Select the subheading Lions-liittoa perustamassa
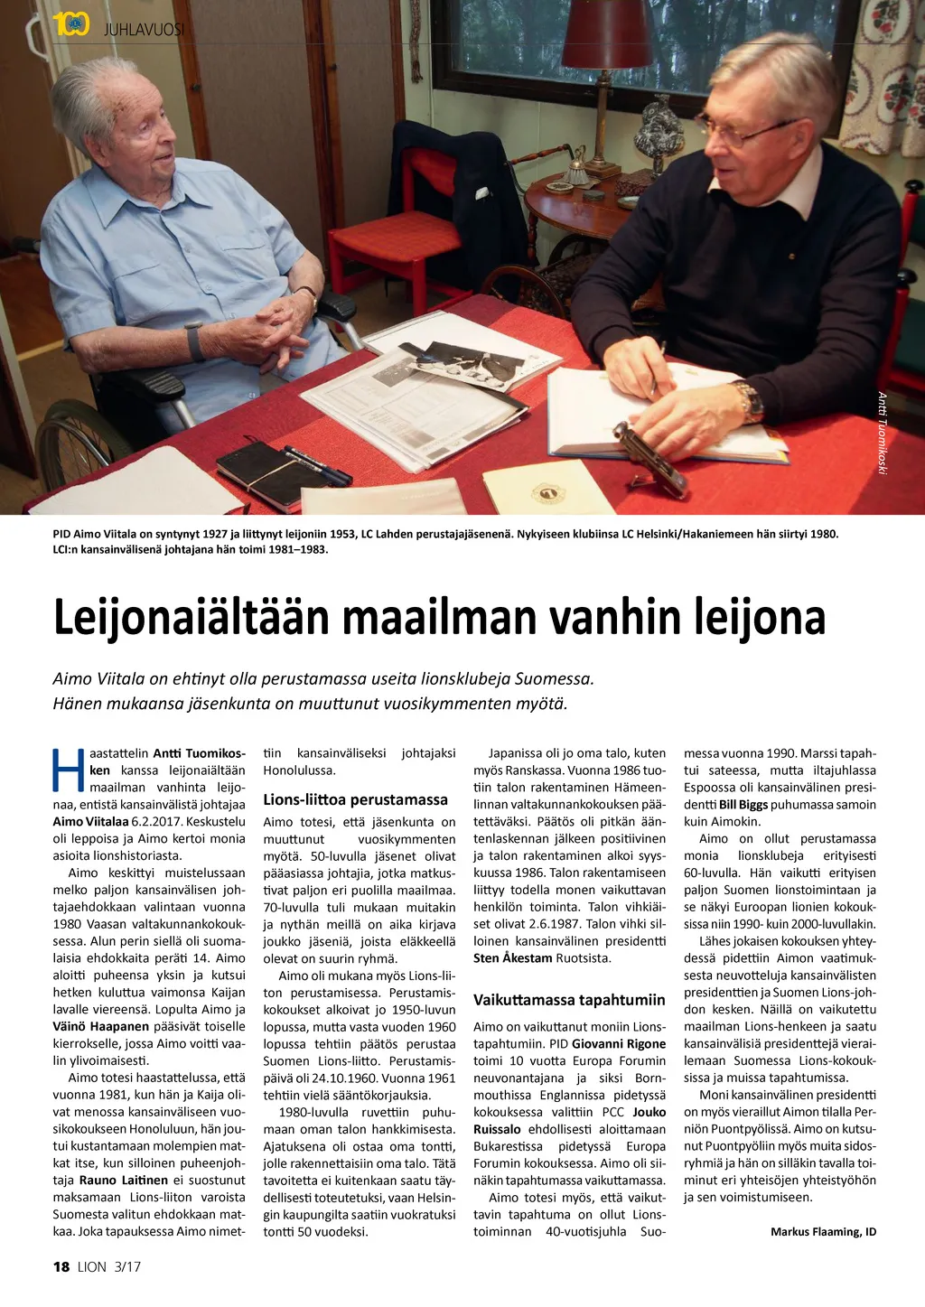(x=355, y=799)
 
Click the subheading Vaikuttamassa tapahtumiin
(x=569, y=1000)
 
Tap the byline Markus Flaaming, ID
(x=823, y=1232)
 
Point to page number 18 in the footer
(x=61, y=1266)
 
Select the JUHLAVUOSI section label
(x=144, y=29)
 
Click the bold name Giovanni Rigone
(x=619, y=1043)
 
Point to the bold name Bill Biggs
(x=743, y=805)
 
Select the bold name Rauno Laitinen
(x=123, y=1180)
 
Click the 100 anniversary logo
(x=70, y=25)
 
